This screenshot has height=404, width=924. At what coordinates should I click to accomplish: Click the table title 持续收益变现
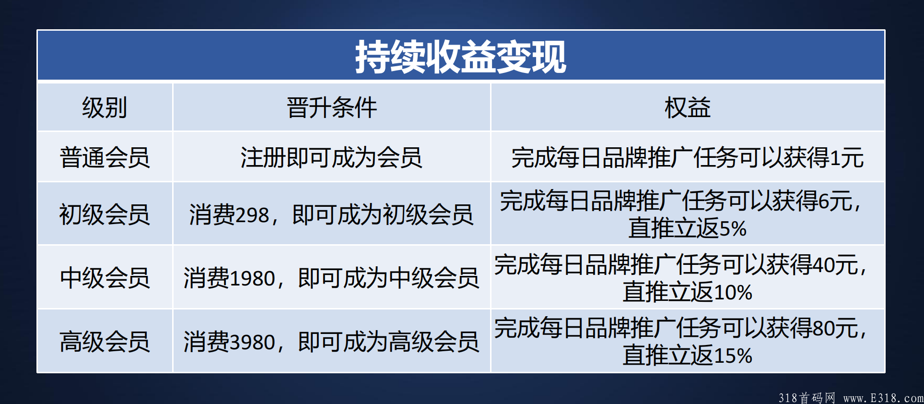[x=460, y=57]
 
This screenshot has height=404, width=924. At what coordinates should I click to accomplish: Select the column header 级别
[x=105, y=107]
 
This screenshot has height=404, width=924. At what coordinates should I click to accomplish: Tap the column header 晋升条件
[x=332, y=107]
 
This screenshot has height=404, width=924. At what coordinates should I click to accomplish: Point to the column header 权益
[x=688, y=107]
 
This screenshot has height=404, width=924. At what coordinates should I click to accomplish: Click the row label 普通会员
[x=105, y=157]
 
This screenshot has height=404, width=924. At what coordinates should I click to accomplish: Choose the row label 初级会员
[x=105, y=214]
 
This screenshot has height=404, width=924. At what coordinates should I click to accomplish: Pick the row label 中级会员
[x=105, y=278]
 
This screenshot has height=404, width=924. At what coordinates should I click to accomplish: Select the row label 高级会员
[x=105, y=342]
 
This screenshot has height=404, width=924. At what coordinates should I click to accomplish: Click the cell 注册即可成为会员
[x=331, y=157]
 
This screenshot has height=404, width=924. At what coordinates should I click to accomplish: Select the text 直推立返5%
[x=688, y=228]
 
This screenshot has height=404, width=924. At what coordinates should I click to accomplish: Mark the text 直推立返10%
[x=688, y=292]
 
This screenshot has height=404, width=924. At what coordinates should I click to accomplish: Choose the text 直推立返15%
[x=688, y=356]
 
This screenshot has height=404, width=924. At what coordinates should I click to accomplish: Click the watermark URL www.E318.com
[x=883, y=398]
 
